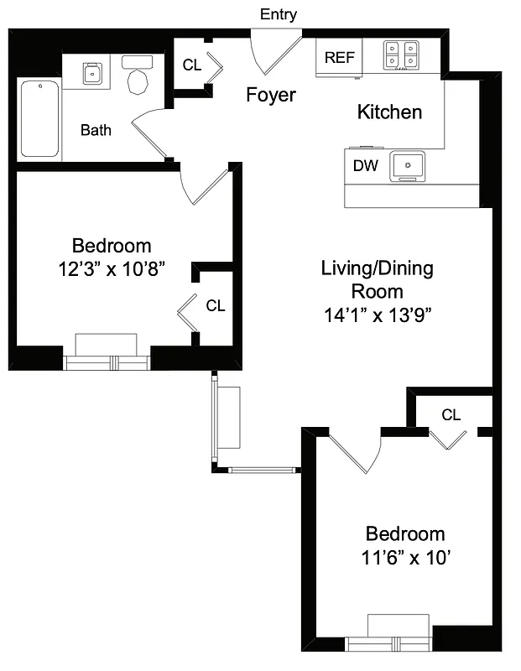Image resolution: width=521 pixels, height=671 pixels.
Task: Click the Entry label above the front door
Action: pyautogui.click(x=279, y=14)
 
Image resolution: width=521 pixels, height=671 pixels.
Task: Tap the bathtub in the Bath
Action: pyautogui.click(x=39, y=118)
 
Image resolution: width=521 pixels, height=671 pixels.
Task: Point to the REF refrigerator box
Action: pyautogui.click(x=339, y=58)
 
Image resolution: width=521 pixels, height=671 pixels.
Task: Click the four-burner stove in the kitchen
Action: pyautogui.click(x=401, y=55)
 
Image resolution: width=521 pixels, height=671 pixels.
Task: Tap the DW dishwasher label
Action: pyautogui.click(x=365, y=166)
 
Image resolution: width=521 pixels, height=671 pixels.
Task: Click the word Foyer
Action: pyautogui.click(x=270, y=95)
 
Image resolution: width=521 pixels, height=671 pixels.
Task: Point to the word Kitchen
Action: pyautogui.click(x=389, y=112)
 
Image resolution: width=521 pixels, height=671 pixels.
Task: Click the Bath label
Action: pyautogui.click(x=96, y=130)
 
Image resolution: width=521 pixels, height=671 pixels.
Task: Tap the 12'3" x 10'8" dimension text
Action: pyautogui.click(x=112, y=269)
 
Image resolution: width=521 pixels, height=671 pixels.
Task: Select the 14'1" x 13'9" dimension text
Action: pyautogui.click(x=377, y=315)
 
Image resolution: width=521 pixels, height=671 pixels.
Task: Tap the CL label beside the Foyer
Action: pyautogui.click(x=192, y=65)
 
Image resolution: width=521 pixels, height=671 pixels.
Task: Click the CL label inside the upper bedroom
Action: pyautogui.click(x=216, y=306)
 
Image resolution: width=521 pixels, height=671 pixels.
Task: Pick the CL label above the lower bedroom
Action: pyautogui.click(x=451, y=414)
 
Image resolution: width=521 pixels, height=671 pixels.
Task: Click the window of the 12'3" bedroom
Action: pyautogui.click(x=107, y=362)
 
